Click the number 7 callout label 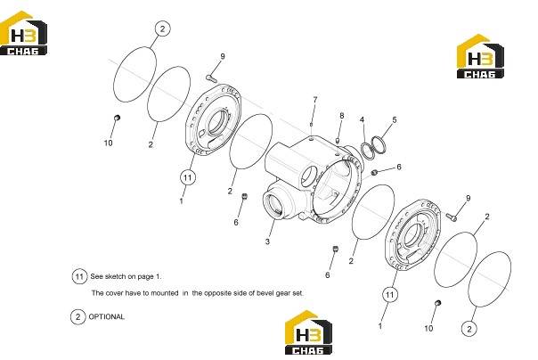click(x=315, y=100)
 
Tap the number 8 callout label click(x=342, y=116)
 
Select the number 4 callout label click(x=362, y=119)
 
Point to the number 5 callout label click(x=395, y=119)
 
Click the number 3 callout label click(x=267, y=241)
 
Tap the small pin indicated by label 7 click(x=311, y=124)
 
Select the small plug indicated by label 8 click(x=338, y=141)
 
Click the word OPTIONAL click(x=106, y=316)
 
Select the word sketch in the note click(x=115, y=276)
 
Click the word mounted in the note click(x=165, y=293)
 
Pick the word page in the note click(x=144, y=276)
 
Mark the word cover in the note click(x=114, y=293)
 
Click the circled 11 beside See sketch click(x=79, y=276)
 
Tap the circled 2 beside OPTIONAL click(x=77, y=316)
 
